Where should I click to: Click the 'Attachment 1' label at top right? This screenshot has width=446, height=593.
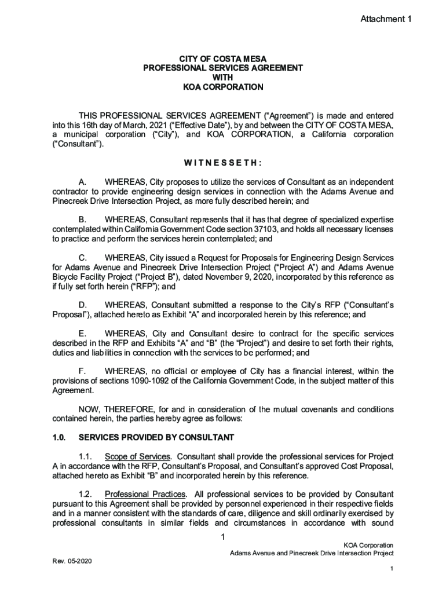pyautogui.click(x=386, y=20)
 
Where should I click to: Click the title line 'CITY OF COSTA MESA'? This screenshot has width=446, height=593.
pyautogui.click(x=223, y=58)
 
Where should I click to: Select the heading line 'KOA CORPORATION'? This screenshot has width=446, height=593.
pyautogui.click(x=223, y=87)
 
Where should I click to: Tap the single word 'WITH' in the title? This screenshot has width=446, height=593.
pyautogui.click(x=223, y=78)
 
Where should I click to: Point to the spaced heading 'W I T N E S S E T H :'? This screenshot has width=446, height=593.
pyautogui.click(x=223, y=163)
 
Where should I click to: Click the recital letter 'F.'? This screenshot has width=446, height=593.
pyautogui.click(x=82, y=371)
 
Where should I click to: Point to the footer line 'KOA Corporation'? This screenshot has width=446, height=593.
pyautogui.click(x=368, y=545)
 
